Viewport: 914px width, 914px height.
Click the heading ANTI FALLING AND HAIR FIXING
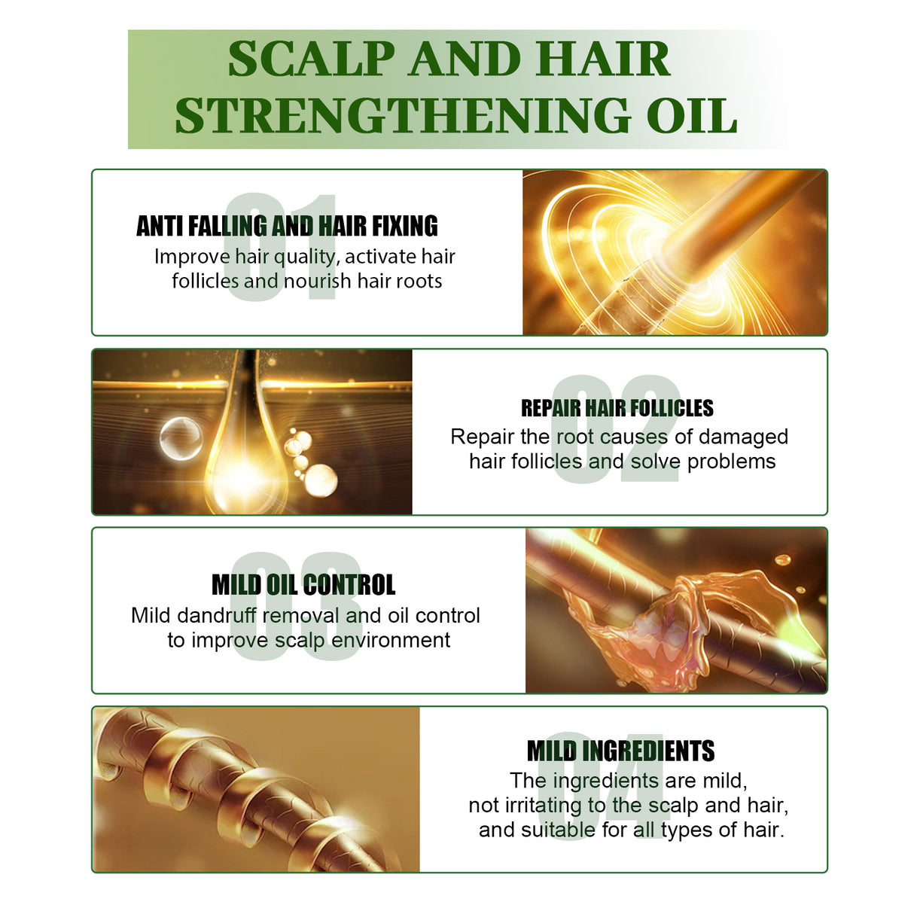coord(287,226)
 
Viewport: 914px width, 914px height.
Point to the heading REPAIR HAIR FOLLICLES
coord(617,408)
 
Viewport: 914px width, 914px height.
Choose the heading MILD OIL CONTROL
coord(303,585)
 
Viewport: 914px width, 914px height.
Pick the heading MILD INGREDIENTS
coord(620,751)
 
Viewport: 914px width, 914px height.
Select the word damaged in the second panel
coord(743,437)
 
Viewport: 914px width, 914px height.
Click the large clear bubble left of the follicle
coord(181,438)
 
